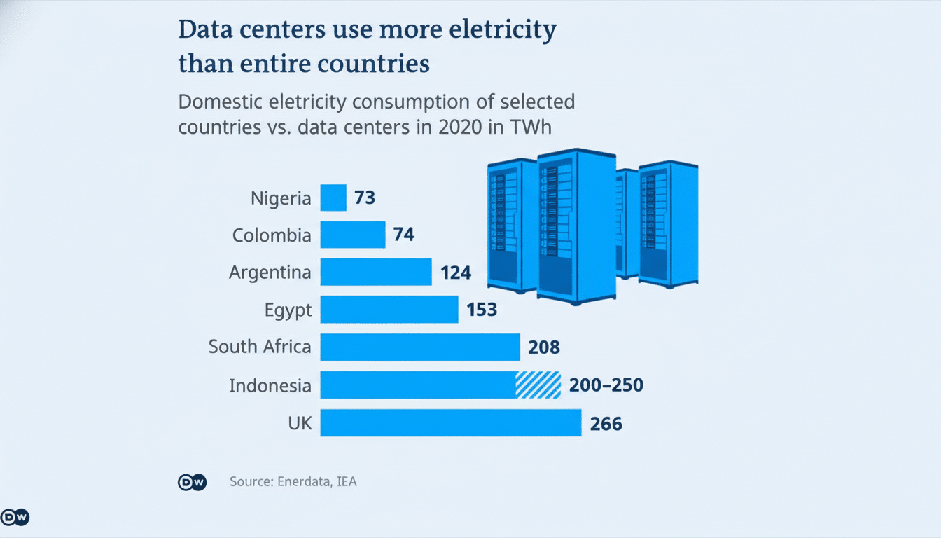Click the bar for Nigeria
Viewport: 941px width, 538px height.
click(x=333, y=198)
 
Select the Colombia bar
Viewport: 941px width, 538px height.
click(x=353, y=235)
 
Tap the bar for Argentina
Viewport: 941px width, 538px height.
click(x=376, y=272)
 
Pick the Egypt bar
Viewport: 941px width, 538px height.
click(x=389, y=309)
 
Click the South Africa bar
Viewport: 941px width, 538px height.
click(x=420, y=347)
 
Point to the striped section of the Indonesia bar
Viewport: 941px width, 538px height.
click(x=538, y=385)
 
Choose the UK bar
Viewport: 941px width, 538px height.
click(x=451, y=422)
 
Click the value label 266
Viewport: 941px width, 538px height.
click(x=606, y=423)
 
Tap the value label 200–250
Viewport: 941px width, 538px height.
click(x=606, y=385)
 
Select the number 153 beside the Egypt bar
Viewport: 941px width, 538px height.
click(x=481, y=310)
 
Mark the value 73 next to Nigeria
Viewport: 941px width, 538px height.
click(x=365, y=198)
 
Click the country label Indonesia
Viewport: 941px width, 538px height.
click(x=270, y=385)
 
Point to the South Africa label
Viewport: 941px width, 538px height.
click(x=260, y=347)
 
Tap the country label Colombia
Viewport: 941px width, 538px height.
click(x=272, y=235)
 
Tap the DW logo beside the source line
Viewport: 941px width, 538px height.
click(x=192, y=482)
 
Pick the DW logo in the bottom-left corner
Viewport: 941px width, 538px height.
click(x=15, y=518)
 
